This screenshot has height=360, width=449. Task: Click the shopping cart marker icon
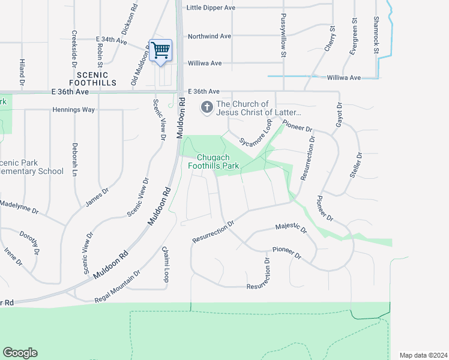point(160,50)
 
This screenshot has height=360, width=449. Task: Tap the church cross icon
point(206,107)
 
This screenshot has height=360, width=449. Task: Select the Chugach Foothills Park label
point(214,161)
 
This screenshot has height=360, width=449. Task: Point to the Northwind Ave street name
point(209,36)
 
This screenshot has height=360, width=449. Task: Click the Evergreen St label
point(354,37)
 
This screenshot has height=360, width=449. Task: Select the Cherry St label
point(330,38)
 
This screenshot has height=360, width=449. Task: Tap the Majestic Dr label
point(291,227)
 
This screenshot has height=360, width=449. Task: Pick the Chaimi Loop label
point(165,263)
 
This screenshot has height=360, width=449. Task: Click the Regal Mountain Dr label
point(117,286)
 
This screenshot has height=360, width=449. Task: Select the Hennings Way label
point(74,110)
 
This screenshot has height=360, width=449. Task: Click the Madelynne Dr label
point(19,207)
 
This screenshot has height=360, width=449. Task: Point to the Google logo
point(20,353)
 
